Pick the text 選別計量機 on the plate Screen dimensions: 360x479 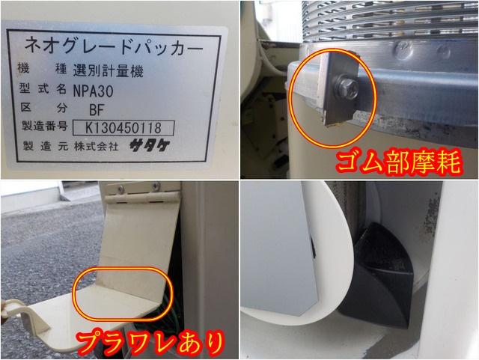pyautogui.click(x=103, y=70)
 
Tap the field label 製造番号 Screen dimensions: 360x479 pyautogui.click(x=42, y=127)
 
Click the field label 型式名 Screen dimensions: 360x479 pyautogui.click(x=42, y=89)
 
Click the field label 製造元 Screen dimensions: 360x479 pyautogui.click(x=42, y=147)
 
